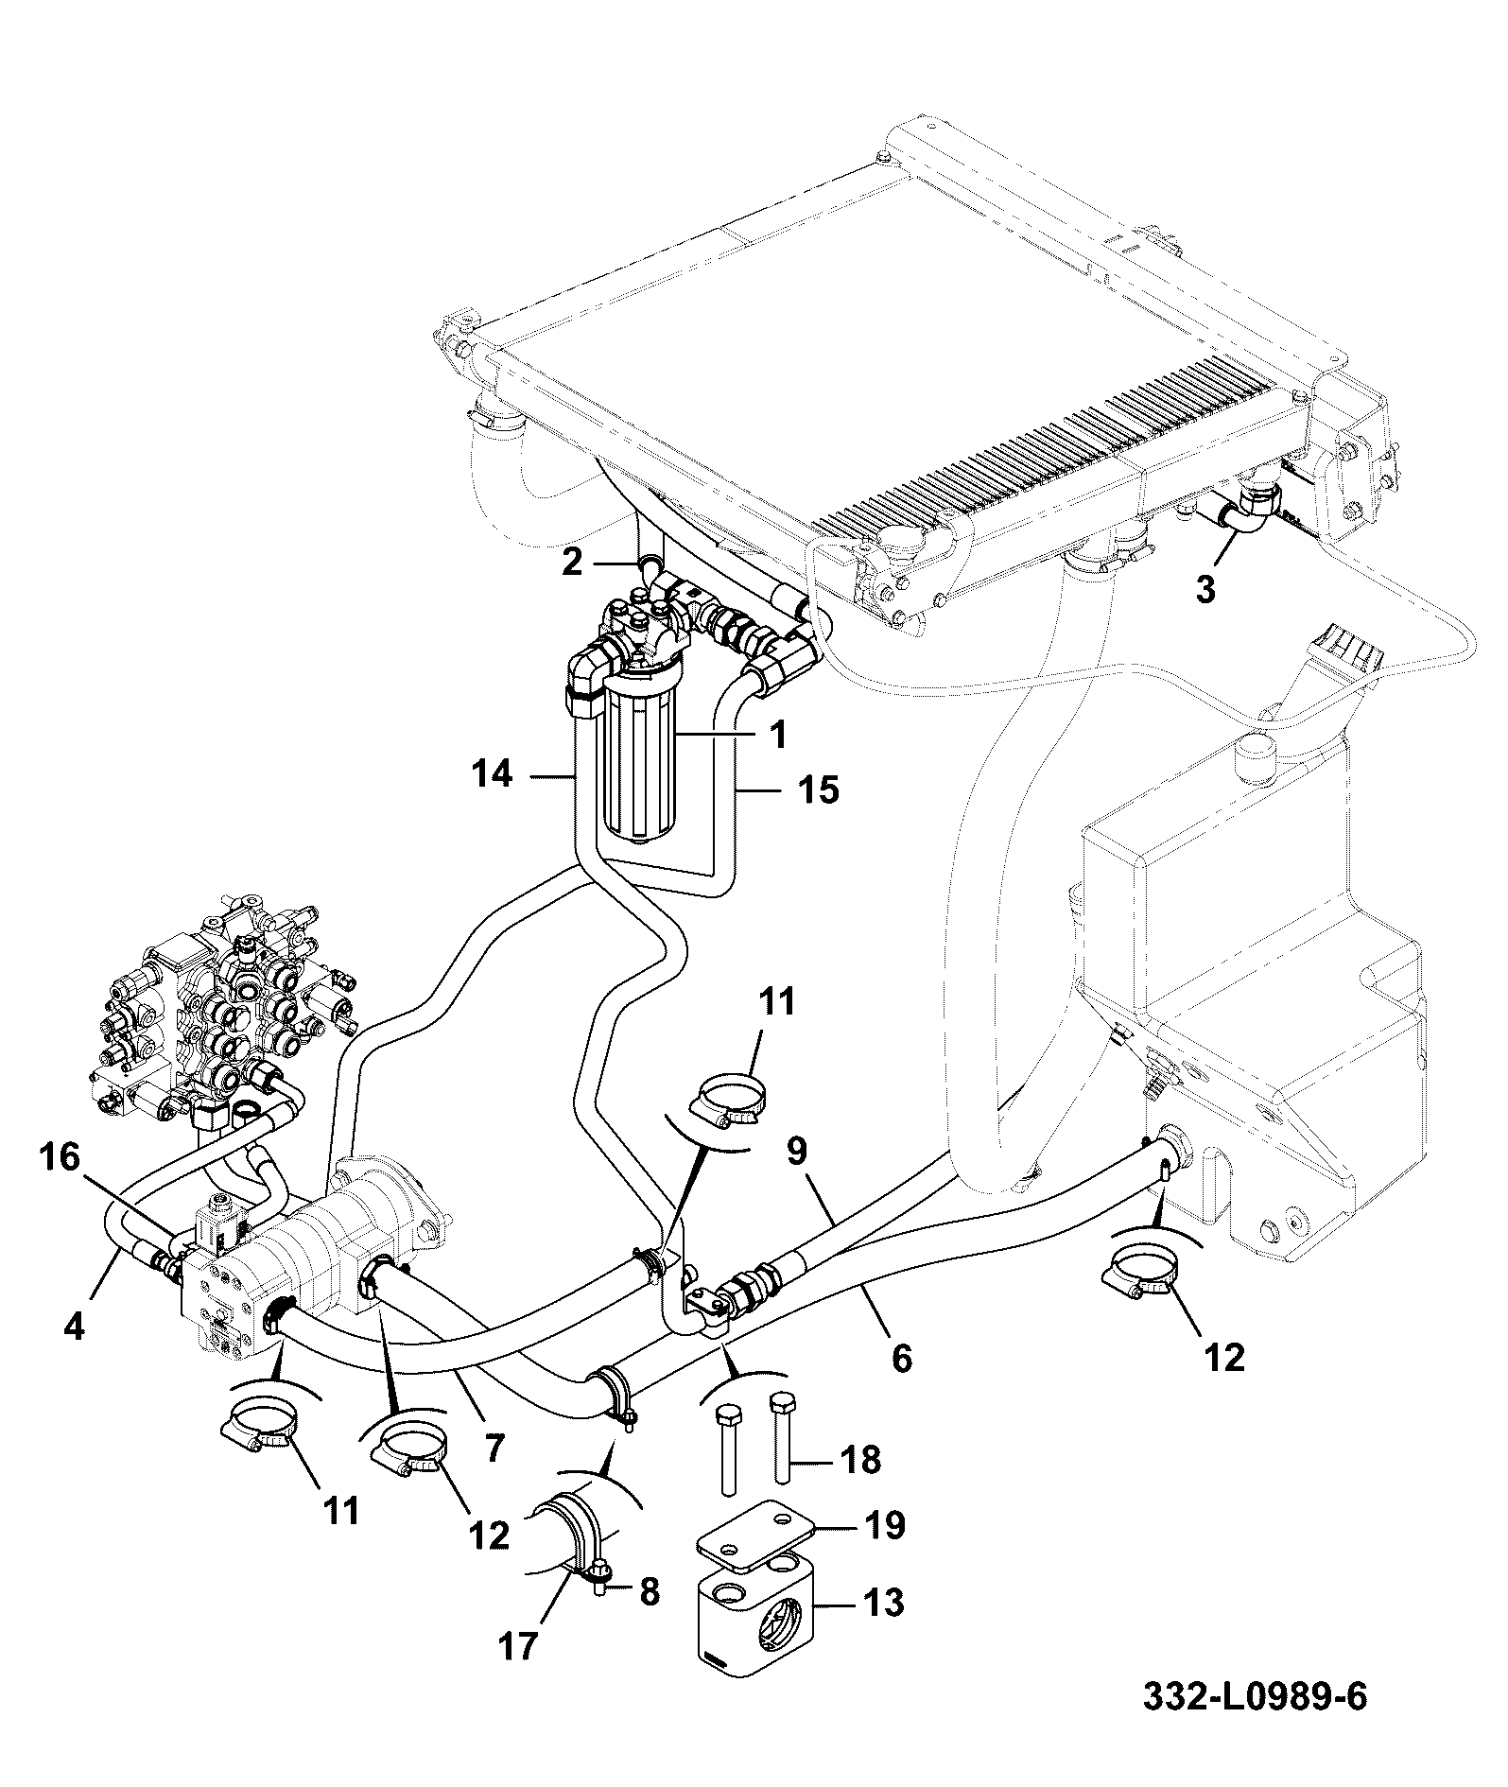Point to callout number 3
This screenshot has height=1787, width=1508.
[1205, 589]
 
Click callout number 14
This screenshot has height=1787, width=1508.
[493, 775]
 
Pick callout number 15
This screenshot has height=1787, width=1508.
[819, 789]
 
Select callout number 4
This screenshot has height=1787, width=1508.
[73, 1326]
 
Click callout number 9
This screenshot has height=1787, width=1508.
[797, 1151]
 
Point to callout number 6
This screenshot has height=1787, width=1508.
[902, 1359]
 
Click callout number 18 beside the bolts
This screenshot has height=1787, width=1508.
[860, 1459]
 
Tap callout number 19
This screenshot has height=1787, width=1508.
[884, 1525]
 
